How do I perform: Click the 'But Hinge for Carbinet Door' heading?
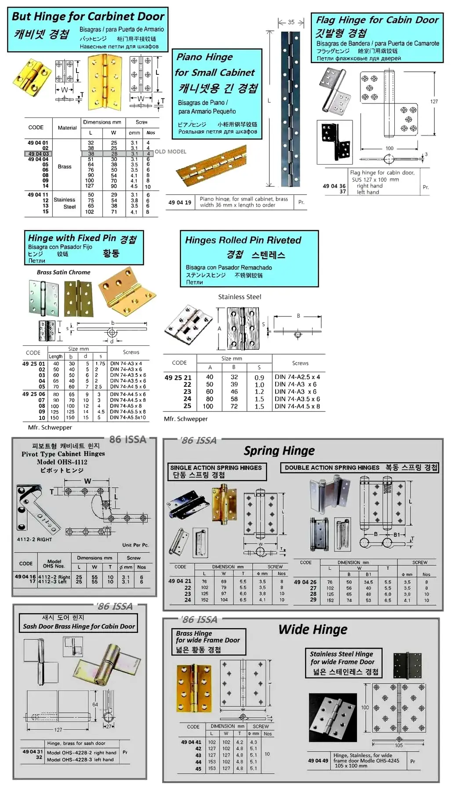[x=88, y=17]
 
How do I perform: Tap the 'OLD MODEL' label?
[x=171, y=152]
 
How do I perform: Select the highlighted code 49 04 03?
[x=38, y=154]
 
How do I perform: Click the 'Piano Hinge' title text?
[x=204, y=57]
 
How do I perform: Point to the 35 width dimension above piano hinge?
[x=291, y=22]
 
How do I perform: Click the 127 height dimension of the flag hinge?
[x=434, y=102]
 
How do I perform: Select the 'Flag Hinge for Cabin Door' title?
[x=377, y=20]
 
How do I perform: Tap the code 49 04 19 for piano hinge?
[x=180, y=203]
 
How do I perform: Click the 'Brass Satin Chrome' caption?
[x=64, y=272]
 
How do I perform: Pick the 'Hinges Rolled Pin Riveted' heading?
[x=243, y=240]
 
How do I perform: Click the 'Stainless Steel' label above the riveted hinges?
[x=240, y=297]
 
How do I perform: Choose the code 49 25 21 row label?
[x=178, y=378]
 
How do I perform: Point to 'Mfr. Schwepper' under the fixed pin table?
[x=50, y=427]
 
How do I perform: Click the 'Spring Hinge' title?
[x=279, y=451]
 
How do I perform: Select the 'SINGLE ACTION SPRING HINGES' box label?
[x=216, y=468]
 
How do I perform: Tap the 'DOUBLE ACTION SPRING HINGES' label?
[x=332, y=468]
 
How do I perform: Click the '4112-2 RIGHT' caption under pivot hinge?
[x=34, y=539]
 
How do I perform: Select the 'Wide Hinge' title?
[x=313, y=630]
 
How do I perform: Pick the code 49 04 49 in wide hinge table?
[x=318, y=760]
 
